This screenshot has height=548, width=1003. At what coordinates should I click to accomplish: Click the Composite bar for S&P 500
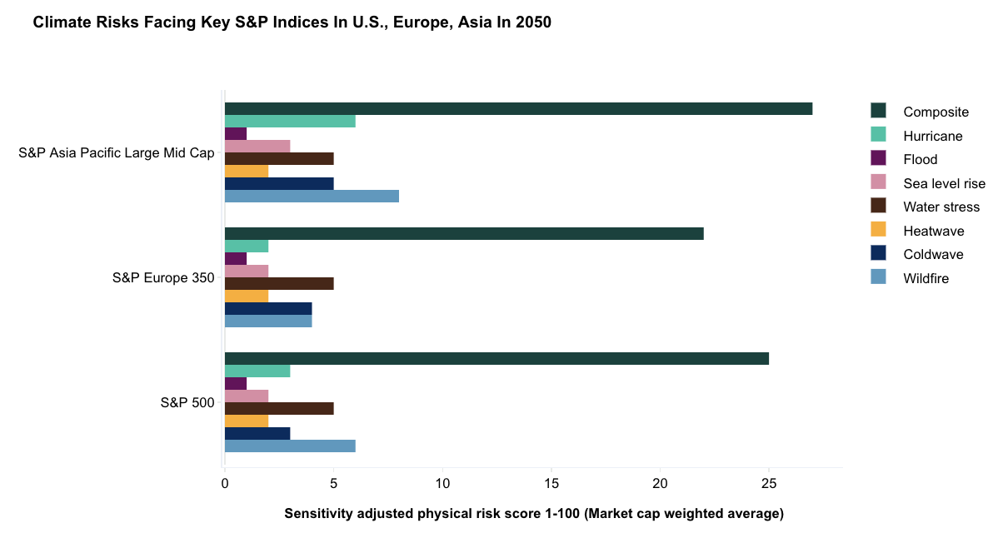click(x=497, y=359)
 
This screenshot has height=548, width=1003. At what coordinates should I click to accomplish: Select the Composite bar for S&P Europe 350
click(x=464, y=234)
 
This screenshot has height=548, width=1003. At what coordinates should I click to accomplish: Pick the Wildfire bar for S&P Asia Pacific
click(x=312, y=197)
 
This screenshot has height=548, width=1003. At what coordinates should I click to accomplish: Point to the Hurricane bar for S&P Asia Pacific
click(x=290, y=122)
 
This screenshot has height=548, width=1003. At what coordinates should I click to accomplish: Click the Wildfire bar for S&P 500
click(x=290, y=446)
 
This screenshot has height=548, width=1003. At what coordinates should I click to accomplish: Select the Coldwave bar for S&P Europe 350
click(x=268, y=309)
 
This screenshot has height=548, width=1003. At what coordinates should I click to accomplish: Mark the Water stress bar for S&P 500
click(x=279, y=409)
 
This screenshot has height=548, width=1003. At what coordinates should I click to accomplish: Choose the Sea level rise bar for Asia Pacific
click(x=257, y=147)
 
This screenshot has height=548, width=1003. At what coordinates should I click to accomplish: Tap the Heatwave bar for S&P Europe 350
click(x=247, y=296)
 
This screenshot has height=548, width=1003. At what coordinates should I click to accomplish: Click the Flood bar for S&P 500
click(x=236, y=384)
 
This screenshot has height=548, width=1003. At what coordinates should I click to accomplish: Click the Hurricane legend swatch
click(x=878, y=135)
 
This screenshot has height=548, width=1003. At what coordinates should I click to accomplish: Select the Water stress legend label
click(x=941, y=207)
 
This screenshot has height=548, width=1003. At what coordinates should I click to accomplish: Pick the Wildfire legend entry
click(x=926, y=278)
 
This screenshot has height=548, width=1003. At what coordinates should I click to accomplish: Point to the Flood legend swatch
click(x=878, y=158)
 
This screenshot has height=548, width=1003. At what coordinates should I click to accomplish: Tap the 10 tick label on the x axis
click(x=442, y=483)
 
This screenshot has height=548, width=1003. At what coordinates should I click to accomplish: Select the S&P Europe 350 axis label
click(x=163, y=278)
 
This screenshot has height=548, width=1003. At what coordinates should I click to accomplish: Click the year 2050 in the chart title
click(x=532, y=23)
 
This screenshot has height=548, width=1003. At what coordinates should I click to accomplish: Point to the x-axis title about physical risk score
click(x=534, y=514)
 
